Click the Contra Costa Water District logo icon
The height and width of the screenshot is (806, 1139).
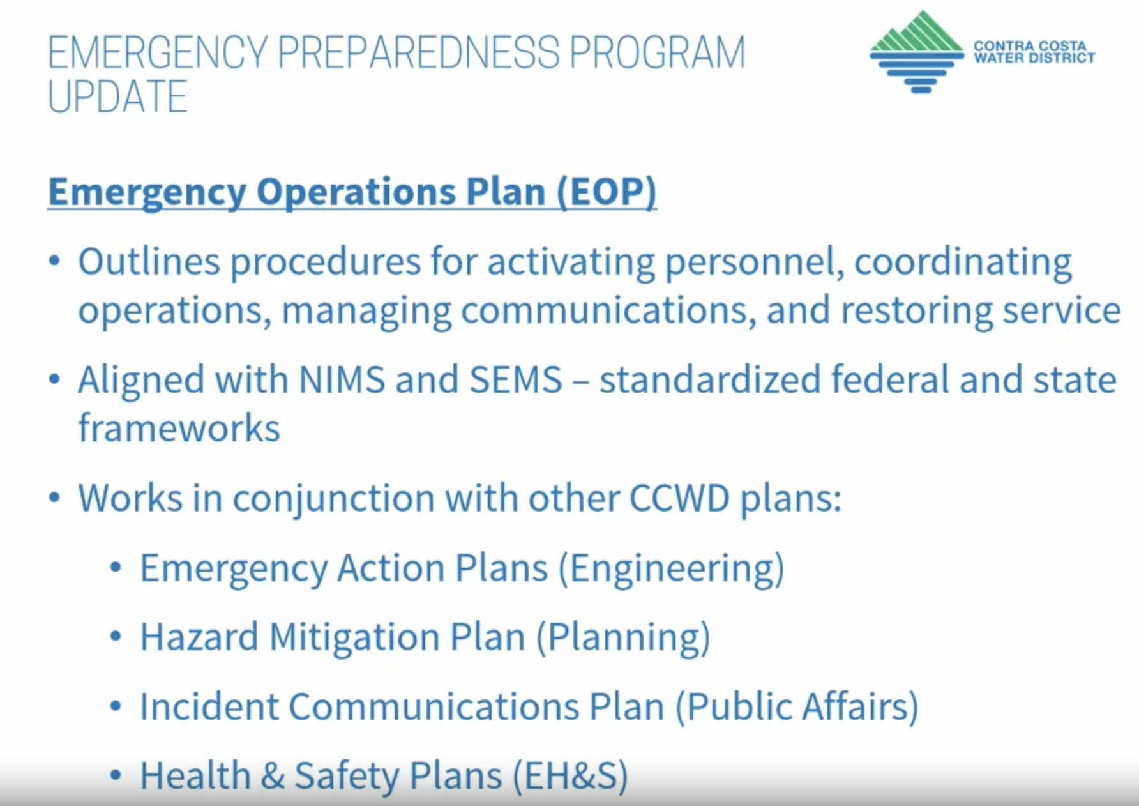coord(917,52)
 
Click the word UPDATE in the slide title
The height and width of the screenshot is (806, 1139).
coord(118,97)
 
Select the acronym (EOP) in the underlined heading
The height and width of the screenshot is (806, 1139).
coord(607,192)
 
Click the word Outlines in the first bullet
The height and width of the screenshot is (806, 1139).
coord(149,262)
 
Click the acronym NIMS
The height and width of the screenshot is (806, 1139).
coord(342,380)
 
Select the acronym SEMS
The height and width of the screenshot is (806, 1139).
coord(516,380)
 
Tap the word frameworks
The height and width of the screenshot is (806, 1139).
coord(179,427)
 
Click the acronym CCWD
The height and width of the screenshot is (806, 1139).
coord(679,498)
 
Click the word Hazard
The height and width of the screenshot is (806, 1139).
coord(199,637)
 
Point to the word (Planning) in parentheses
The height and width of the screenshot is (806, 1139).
coord(623,638)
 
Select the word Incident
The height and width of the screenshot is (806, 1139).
coord(209,707)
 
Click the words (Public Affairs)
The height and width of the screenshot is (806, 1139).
coord(797,707)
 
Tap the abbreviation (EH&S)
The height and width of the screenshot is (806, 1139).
coord(571,776)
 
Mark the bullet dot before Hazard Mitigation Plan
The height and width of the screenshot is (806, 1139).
coord(116,637)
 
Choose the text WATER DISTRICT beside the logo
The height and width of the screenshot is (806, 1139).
coord(1034,58)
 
